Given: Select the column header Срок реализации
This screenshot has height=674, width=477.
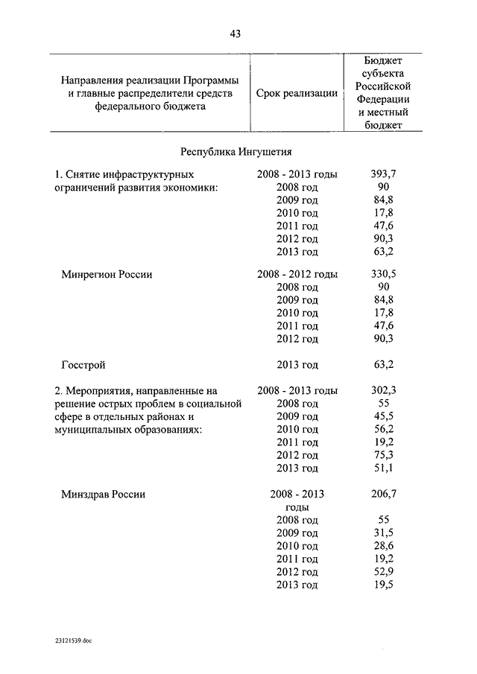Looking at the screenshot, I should (297, 93).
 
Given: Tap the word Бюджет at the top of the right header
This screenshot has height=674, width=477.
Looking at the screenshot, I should (383, 60).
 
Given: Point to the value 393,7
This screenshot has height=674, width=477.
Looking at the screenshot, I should (383, 174).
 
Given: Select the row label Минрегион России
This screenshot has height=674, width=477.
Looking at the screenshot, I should (107, 274).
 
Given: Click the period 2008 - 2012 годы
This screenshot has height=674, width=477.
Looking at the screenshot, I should (297, 274).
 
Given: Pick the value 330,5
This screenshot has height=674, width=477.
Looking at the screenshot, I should (383, 274).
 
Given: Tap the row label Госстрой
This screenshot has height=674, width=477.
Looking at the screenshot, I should (83, 364).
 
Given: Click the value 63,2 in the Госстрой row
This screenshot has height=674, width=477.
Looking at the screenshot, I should (383, 364).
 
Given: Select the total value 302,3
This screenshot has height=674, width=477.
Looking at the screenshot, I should (383, 390).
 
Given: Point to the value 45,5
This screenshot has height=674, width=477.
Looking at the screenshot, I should (383, 416).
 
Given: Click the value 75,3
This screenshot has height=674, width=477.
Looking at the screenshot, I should (383, 455).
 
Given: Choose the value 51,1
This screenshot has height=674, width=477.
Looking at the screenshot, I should (383, 468).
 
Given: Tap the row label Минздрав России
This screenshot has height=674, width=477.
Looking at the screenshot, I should (103, 494).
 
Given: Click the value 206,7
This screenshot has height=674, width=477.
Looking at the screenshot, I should (383, 494).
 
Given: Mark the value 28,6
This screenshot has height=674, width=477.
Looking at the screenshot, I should (383, 546).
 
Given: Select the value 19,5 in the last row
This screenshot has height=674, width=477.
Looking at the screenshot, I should (383, 585).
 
